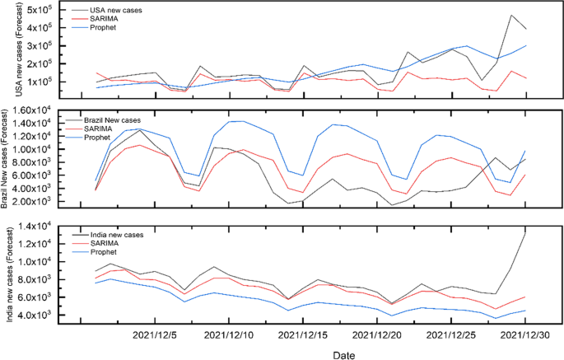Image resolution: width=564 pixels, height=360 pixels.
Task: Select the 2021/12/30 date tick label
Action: pyautogui.click(x=525, y=335)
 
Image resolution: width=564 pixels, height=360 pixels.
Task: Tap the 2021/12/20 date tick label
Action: pyautogui.click(x=375, y=335)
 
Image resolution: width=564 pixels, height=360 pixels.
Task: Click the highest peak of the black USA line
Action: pyautogui.click(x=511, y=15)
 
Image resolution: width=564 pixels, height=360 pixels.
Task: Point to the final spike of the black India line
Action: pyautogui.click(x=525, y=232)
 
